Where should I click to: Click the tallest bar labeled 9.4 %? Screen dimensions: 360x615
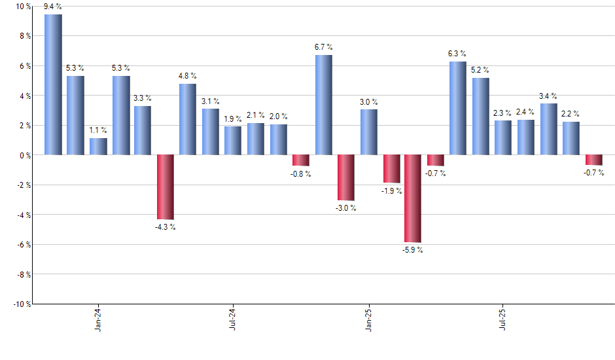pos(53,84)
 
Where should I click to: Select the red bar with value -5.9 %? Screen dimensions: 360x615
pos(413,198)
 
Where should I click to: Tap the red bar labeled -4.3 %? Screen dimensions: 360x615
pos(165,187)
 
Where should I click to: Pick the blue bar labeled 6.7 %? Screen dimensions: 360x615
pos(323,105)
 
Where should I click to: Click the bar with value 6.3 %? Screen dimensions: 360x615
pos(458,108)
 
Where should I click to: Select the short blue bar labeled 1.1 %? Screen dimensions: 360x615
pos(98,147)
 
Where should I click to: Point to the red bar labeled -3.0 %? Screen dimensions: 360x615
pos(346,177)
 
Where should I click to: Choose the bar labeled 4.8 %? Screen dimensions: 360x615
pos(188,119)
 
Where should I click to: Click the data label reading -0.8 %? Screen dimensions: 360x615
pos(301,173)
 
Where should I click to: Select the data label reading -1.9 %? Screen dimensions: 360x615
pos(391,190)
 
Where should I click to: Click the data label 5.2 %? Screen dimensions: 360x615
pos(481,70)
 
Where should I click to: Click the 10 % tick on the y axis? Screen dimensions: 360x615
pos(22,7)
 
